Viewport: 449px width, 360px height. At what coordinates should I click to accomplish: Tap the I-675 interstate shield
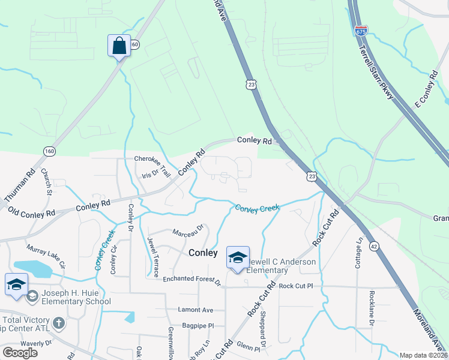[x=361, y=30]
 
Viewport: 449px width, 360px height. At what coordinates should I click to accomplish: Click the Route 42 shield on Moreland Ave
[x=373, y=229]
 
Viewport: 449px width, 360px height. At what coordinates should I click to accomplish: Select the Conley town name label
[x=203, y=253]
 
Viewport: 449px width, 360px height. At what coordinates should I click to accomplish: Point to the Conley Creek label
[x=258, y=208]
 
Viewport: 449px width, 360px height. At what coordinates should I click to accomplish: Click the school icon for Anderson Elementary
[x=238, y=258]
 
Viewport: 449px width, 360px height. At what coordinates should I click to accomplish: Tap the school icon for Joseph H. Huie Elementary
[x=16, y=285]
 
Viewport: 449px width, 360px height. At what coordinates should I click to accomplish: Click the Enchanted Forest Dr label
[x=192, y=280]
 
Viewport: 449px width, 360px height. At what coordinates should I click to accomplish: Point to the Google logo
[x=20, y=352]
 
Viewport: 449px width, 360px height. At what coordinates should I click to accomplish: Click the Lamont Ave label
[x=196, y=310]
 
